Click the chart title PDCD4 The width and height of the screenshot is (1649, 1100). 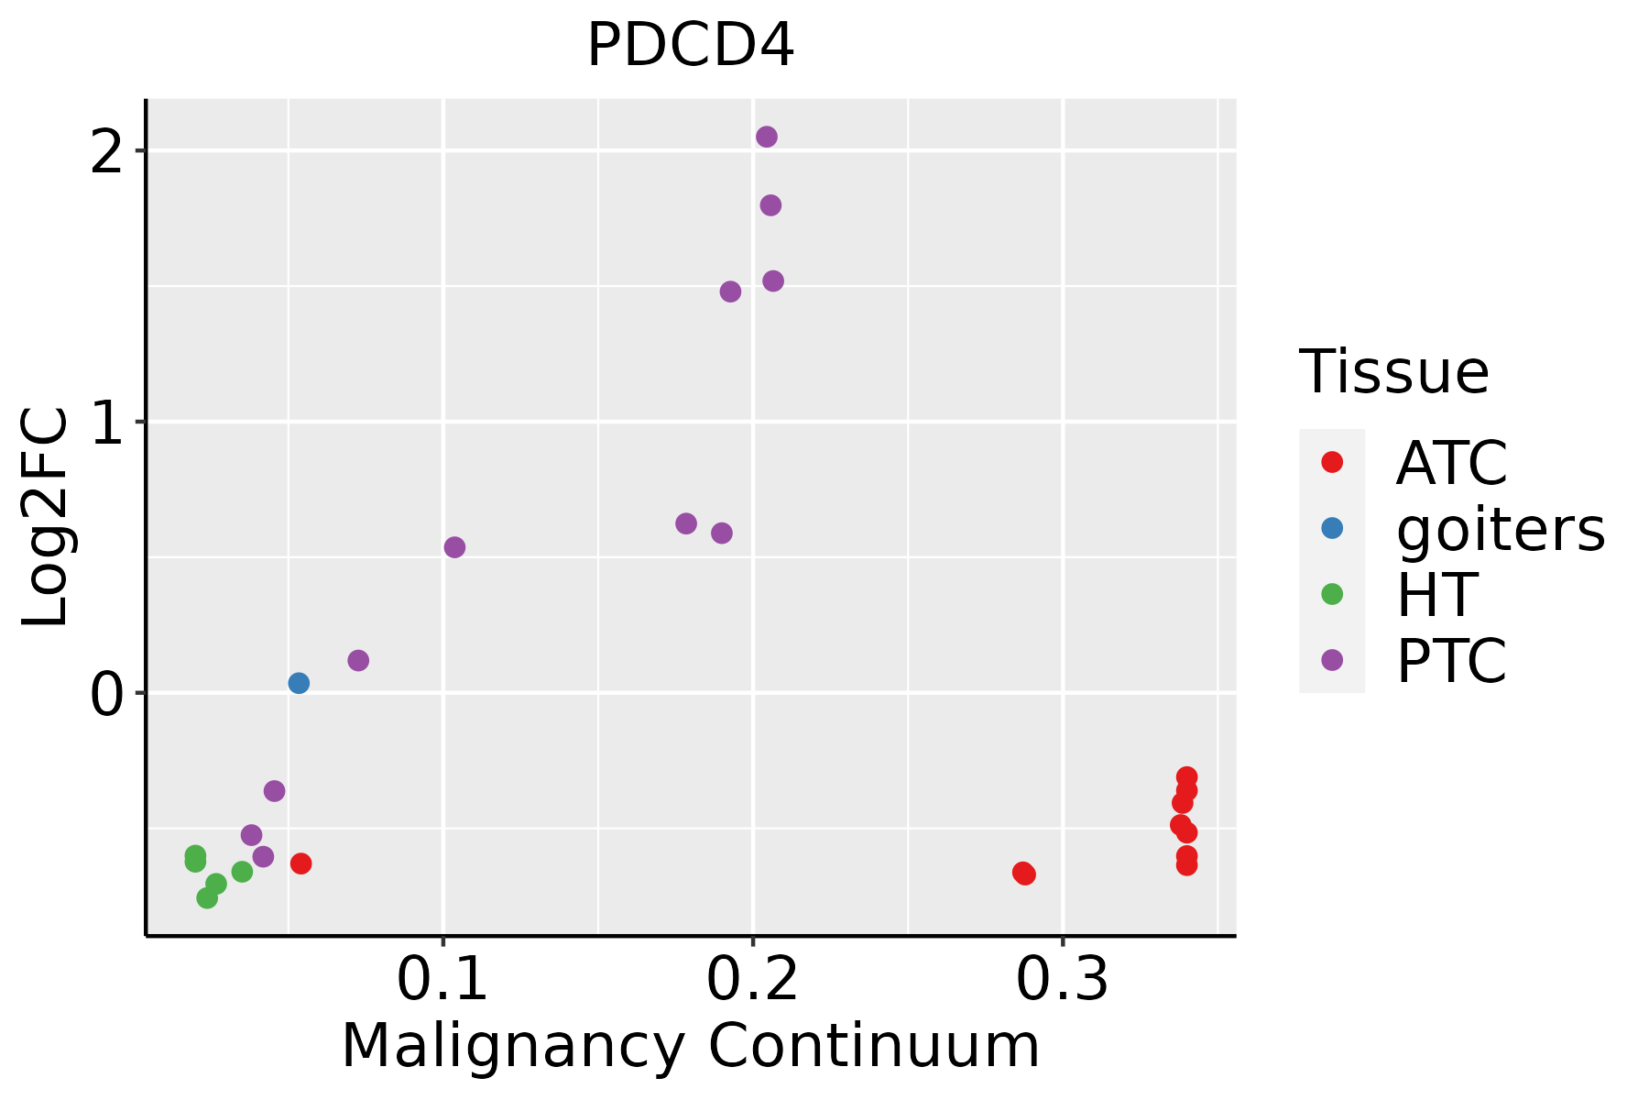coord(690,46)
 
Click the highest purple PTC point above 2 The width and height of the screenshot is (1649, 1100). coord(767,137)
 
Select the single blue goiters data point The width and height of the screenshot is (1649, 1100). coord(299,683)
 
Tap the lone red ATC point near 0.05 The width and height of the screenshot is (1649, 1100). coord(300,863)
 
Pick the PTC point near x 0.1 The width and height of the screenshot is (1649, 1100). coord(454,547)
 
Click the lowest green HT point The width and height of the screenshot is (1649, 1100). coord(207,898)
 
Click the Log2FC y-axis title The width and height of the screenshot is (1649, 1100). coord(46,518)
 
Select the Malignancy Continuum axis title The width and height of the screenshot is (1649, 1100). coord(690,1046)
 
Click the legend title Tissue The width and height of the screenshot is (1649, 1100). coord(1394,372)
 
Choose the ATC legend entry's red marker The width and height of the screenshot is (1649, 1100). coord(1332,462)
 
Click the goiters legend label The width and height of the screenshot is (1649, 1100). coord(1501,529)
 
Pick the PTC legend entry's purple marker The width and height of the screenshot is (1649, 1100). coord(1332,660)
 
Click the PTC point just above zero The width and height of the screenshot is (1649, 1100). coord(358,660)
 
